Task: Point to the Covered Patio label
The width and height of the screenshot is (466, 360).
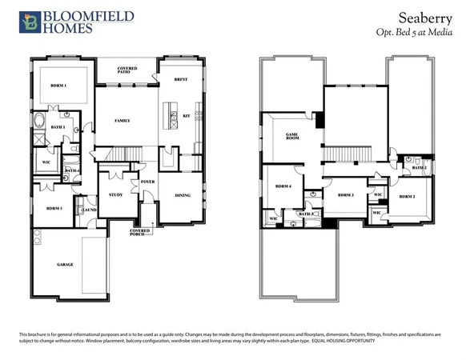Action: point(127,70)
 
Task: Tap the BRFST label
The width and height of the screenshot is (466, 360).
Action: point(182,80)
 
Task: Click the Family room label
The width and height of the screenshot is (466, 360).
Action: point(123,121)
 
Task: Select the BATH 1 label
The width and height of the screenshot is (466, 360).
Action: point(58,127)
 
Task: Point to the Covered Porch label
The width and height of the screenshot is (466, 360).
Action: point(140,231)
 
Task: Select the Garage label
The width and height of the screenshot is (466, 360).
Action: point(65,264)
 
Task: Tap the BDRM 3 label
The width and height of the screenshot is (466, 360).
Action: point(346,195)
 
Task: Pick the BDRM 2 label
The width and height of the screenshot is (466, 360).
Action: point(407,196)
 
